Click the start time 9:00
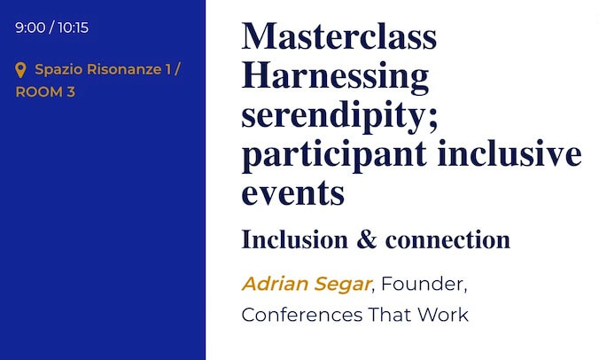[30, 27]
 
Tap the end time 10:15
[74, 27]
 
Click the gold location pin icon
[20, 70]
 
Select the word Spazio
[58, 70]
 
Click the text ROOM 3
[45, 92]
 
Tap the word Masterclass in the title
[338, 36]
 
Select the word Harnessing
[335, 77]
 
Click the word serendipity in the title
[333, 116]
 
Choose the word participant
[334, 155]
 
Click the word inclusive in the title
[510, 153]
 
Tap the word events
[293, 193]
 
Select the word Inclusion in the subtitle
[294, 239]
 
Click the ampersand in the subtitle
[366, 239]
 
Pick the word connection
[447, 240]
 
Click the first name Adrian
[275, 284]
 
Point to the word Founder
[422, 284]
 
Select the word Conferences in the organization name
[302, 315]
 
